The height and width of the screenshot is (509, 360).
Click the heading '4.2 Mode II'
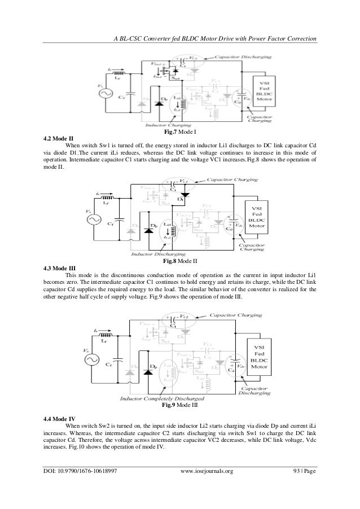(60, 138)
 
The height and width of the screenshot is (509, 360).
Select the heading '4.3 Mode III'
(62, 267)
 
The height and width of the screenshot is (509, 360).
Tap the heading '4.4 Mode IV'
(62, 418)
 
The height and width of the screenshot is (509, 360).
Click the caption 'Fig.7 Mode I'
(179, 131)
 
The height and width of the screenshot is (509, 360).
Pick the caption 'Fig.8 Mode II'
(179, 261)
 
